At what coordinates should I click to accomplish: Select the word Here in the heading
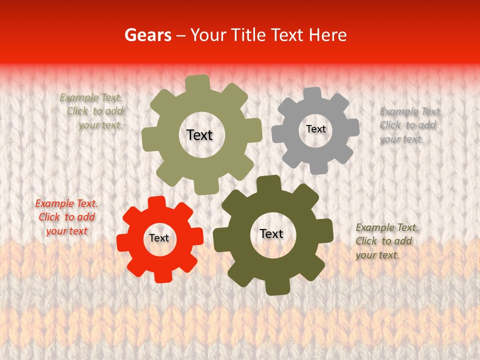click(328, 35)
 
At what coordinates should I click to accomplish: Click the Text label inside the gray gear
click(315, 129)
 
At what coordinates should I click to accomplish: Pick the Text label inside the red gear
click(159, 238)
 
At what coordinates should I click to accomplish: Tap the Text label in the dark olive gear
click(271, 233)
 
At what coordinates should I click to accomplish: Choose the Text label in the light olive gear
click(199, 135)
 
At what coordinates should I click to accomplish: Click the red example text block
click(66, 217)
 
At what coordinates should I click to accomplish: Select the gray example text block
click(410, 125)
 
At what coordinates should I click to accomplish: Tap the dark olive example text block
click(386, 241)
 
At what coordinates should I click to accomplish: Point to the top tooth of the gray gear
click(312, 93)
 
